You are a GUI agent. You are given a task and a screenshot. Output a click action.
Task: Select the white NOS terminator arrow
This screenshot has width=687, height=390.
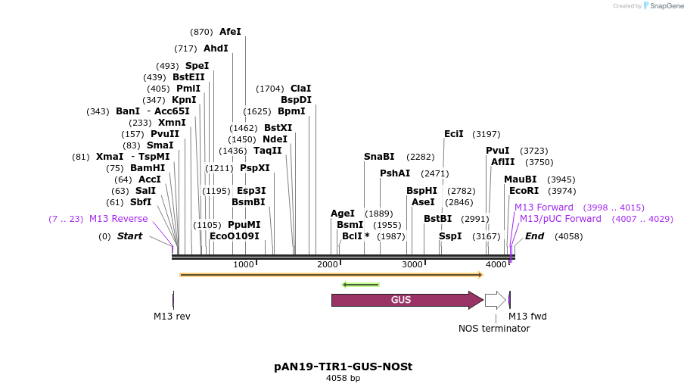pyautogui.click(x=495, y=300)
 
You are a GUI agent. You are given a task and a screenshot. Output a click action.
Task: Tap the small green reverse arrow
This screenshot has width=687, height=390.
pyautogui.click(x=360, y=285)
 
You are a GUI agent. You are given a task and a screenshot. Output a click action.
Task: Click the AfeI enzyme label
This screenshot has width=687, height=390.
pyautogui.click(x=230, y=32)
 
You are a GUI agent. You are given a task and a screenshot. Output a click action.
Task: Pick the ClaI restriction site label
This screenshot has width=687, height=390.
pyautogui.click(x=300, y=89)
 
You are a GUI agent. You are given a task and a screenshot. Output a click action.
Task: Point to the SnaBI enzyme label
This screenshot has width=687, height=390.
pyautogui.click(x=379, y=157)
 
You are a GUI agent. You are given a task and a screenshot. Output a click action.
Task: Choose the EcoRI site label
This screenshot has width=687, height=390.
pyautogui.click(x=524, y=191)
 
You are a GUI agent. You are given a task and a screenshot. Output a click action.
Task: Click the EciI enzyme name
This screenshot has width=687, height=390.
pyautogui.click(x=454, y=134)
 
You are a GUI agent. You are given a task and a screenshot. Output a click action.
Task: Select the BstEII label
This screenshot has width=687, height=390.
pyautogui.click(x=188, y=77)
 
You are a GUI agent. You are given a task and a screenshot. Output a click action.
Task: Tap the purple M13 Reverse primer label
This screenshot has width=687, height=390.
pyautogui.click(x=119, y=219)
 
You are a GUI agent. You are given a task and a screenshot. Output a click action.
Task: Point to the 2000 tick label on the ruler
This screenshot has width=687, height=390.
pyautogui.click(x=328, y=264)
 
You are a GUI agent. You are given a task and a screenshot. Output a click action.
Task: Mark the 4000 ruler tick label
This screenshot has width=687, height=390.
pyautogui.click(x=496, y=264)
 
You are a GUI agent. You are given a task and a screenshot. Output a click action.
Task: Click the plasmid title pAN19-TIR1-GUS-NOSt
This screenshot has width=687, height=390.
pyautogui.click(x=343, y=367)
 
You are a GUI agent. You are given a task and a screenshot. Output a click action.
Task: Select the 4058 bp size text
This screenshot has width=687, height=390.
pyautogui.click(x=343, y=378)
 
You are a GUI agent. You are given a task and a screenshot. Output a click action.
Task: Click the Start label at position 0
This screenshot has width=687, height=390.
pyautogui.click(x=129, y=236)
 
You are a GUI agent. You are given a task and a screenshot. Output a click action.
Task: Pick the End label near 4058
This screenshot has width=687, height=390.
pyautogui.click(x=534, y=236)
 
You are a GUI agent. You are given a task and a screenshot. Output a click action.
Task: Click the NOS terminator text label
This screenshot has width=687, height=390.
pyautogui.click(x=494, y=329)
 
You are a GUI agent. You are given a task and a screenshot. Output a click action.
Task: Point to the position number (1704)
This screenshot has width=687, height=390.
pyautogui.click(x=270, y=89)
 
